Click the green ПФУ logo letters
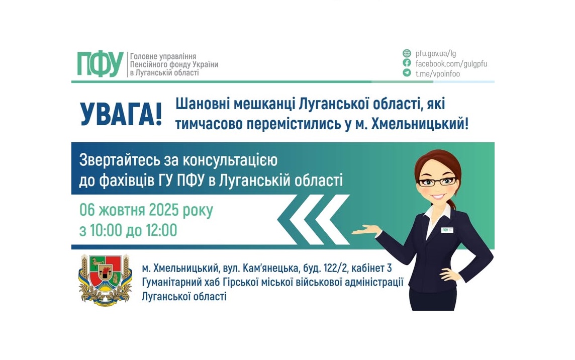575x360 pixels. (100, 64)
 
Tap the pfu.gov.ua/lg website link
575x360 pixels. (435, 53)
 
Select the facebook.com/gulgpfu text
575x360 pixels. (451, 63)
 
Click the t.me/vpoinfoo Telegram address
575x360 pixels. (437, 73)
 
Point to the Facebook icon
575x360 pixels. (407, 63)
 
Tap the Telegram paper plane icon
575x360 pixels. (407, 73)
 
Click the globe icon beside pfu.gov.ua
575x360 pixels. (407, 53)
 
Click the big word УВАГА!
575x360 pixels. (121, 115)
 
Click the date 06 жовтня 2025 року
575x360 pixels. (146, 210)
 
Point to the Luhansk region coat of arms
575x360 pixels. (105, 279)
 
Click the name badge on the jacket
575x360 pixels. (447, 230)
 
